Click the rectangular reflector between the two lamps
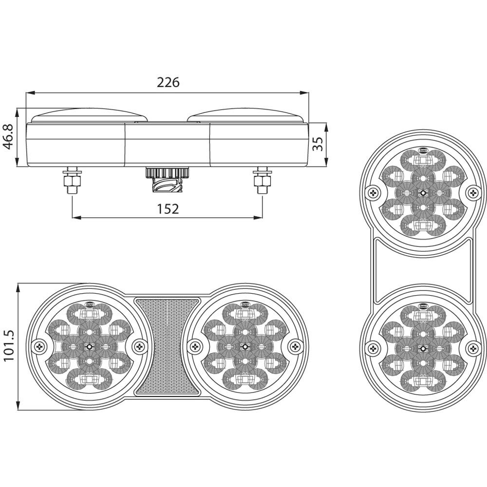point(168,346)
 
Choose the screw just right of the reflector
point(195,346)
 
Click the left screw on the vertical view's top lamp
point(373,193)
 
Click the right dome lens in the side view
point(246,115)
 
